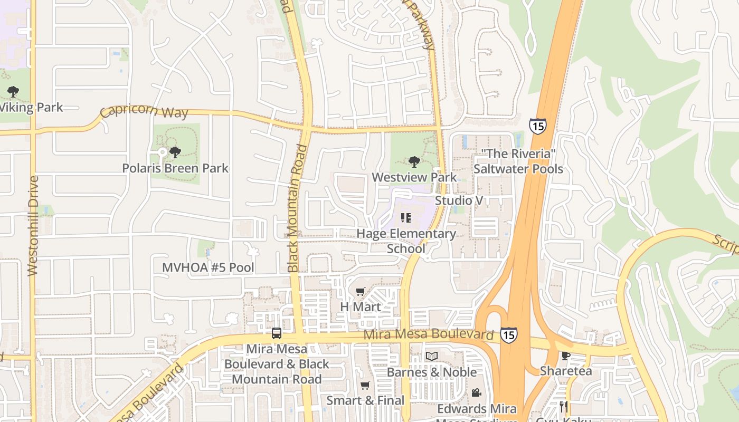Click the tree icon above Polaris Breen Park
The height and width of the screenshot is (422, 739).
click(175, 152)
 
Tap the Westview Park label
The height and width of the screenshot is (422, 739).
click(414, 177)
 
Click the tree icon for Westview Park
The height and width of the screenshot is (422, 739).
click(414, 161)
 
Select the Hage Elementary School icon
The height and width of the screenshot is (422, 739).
click(406, 217)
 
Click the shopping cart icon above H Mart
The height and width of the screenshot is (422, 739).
click(361, 291)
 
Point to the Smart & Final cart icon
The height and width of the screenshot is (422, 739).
click(365, 386)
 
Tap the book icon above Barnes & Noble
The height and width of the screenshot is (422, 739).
click(432, 357)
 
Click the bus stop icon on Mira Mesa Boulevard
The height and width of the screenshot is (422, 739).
click(277, 333)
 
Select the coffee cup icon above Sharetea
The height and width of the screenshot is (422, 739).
click(566, 356)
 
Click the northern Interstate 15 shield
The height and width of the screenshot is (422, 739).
click(537, 126)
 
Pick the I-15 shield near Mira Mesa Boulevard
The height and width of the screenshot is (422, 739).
click(508, 334)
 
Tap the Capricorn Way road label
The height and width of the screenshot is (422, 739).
click(144, 112)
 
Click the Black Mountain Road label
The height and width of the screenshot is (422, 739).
click(297, 208)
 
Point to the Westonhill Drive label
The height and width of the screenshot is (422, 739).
click(33, 225)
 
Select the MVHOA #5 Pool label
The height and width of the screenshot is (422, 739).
click(208, 267)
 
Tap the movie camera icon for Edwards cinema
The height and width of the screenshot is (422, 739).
click(476, 392)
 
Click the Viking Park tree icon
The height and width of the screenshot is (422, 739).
click(13, 92)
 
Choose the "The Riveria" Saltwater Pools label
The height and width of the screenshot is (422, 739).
click(518, 161)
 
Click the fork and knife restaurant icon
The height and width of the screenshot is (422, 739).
click(564, 406)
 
